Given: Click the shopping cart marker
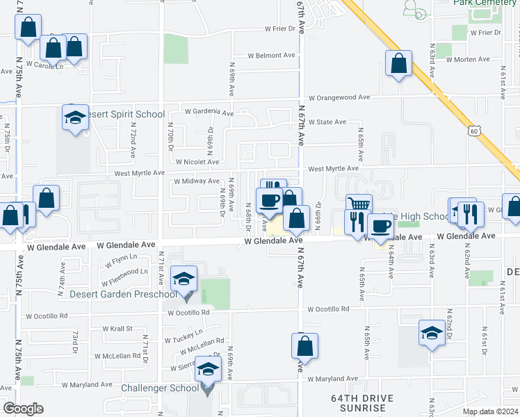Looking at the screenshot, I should (x=359, y=204).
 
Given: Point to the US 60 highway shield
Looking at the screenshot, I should (x=473, y=130).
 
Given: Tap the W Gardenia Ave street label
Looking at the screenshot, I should (x=209, y=111).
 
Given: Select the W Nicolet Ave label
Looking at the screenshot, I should (x=197, y=162).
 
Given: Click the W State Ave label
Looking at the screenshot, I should (x=327, y=122).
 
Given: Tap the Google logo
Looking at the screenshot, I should (x=23, y=409).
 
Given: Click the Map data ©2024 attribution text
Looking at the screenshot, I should (x=490, y=411).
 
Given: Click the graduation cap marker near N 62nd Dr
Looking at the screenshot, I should (x=432, y=333).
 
